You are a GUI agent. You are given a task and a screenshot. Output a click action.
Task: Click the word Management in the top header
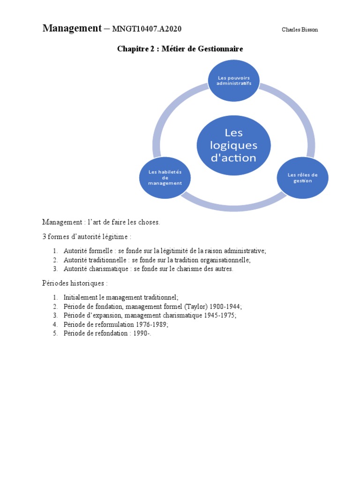(x=72, y=29)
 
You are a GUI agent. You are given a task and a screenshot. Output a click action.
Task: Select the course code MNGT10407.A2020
(x=147, y=30)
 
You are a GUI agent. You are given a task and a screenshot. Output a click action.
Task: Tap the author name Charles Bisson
(x=300, y=30)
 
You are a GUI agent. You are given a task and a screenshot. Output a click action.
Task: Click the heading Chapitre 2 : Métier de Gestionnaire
(x=180, y=49)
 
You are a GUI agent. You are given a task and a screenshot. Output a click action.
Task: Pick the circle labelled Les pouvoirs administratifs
(x=234, y=80)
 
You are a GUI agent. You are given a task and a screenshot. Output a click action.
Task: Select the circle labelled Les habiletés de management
(x=165, y=178)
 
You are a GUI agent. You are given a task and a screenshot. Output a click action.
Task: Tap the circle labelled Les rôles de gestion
(x=302, y=178)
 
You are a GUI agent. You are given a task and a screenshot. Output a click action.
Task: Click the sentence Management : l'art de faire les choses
(x=101, y=222)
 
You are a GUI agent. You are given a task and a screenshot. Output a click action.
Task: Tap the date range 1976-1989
(x=154, y=324)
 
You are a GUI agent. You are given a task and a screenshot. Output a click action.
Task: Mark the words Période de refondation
(x=95, y=333)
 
